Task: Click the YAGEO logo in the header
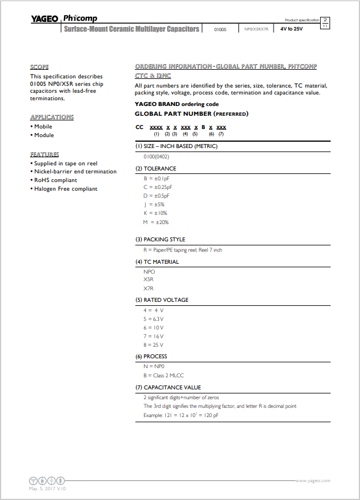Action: [x=44, y=18]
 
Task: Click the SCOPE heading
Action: [x=39, y=67]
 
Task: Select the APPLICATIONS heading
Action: [x=52, y=117]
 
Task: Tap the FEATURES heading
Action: [x=44, y=154]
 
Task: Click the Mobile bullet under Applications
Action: [x=43, y=127]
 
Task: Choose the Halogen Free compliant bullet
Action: [x=66, y=189]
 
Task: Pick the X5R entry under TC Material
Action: [x=149, y=279]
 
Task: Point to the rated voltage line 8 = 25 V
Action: [x=154, y=344]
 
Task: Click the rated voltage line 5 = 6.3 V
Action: [x=154, y=319]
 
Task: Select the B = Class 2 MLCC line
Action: [x=163, y=374]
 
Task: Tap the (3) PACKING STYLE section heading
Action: [x=160, y=239]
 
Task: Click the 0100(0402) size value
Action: [x=159, y=157]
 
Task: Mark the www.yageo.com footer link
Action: [x=313, y=480]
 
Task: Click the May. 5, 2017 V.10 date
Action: [x=48, y=488]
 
